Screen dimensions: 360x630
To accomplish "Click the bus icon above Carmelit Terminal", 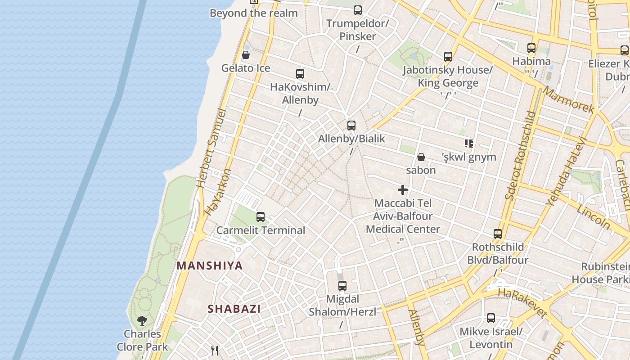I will point(261,217).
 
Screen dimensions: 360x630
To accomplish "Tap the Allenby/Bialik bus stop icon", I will point(351,126).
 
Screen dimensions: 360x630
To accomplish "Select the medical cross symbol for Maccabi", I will point(403,190).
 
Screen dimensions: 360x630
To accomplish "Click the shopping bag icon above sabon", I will point(421,157).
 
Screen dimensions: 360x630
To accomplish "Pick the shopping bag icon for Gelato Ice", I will point(246,55).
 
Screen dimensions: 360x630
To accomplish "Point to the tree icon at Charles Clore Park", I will point(142,320).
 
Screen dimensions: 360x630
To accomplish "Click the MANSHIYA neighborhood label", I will point(210,265).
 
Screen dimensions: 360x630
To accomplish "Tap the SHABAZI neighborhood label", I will point(234,309).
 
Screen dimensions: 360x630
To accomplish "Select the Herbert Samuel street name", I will point(211,148).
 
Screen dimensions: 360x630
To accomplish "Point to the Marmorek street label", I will point(569,100).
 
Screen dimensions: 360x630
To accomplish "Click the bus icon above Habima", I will point(531,48).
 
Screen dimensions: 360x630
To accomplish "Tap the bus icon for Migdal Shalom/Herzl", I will point(342,285).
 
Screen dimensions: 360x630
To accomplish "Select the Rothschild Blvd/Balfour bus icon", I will point(498,234).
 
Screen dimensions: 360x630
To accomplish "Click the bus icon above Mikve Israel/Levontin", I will point(491,318).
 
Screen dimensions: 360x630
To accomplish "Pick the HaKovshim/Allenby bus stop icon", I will point(300,74).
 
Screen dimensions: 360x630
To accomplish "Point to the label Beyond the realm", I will point(254,13).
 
